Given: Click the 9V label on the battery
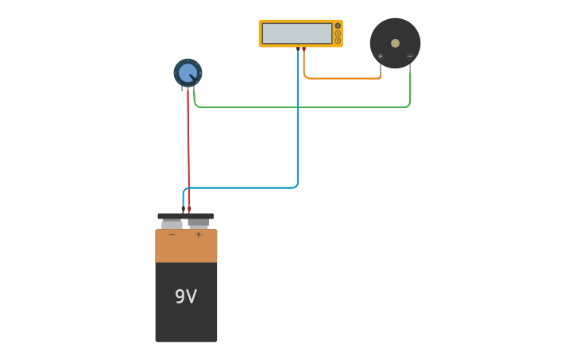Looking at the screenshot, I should click(x=185, y=296).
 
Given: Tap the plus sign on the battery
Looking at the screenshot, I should click(x=199, y=234).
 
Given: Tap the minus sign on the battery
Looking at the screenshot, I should click(x=172, y=234).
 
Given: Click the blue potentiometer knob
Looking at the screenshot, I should click(x=187, y=73).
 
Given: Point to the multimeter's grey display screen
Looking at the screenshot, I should click(x=296, y=33).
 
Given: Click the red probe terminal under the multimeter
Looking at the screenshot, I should click(x=304, y=48).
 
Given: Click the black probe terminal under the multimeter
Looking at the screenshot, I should click(x=298, y=48).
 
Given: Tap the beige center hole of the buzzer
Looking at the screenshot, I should click(x=395, y=43).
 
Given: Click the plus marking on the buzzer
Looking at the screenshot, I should click(x=380, y=56).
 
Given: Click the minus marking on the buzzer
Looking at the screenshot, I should click(x=410, y=56).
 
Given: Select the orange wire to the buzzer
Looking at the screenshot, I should click(x=342, y=78).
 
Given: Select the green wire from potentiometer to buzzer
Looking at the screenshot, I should click(x=302, y=107).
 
